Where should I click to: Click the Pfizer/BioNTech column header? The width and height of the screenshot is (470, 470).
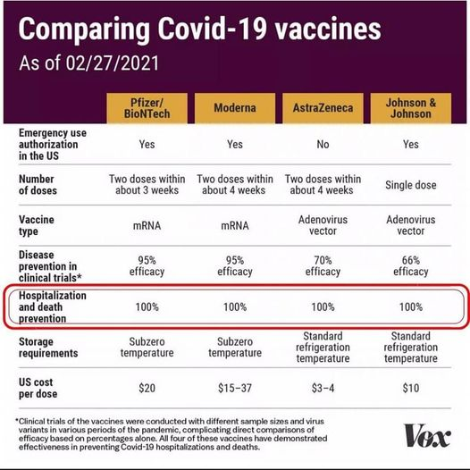tap(147, 108)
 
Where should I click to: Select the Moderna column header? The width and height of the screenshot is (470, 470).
tap(235, 108)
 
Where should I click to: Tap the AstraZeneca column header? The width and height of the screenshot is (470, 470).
tap(323, 108)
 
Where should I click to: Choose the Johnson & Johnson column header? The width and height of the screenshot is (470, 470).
tap(411, 108)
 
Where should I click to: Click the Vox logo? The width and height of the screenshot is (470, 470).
tap(427, 435)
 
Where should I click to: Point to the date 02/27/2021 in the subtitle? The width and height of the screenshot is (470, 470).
tap(112, 63)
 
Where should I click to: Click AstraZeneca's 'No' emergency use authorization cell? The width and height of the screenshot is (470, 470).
tap(323, 145)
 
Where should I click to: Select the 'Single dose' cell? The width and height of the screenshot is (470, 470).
tap(411, 185)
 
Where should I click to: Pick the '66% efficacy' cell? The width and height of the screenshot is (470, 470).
tap(411, 266)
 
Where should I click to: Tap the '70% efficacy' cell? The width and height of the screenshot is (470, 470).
tap(323, 266)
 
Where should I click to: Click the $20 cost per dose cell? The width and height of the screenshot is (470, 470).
tap(147, 388)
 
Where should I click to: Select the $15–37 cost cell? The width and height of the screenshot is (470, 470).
tap(235, 388)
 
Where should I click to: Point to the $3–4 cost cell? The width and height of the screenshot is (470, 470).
tap(323, 388)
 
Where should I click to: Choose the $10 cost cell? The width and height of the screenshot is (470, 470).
tap(411, 388)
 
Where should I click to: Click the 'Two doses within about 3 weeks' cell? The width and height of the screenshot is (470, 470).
tap(147, 185)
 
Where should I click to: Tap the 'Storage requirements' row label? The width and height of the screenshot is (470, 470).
tap(48, 348)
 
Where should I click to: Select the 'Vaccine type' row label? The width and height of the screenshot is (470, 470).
tap(37, 225)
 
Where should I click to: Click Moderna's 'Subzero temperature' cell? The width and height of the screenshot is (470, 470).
tap(235, 347)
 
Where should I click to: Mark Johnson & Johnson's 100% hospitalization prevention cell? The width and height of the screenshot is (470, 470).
tap(411, 307)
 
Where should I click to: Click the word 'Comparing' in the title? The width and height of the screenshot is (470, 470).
tap(84, 29)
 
